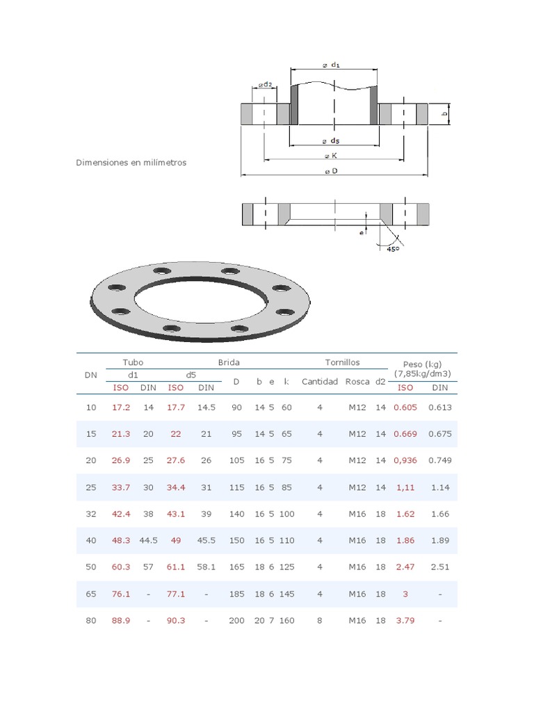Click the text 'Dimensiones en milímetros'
coord(131,163)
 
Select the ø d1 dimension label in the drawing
coord(331,65)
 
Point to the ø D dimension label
coord(331,171)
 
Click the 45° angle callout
coord(394,248)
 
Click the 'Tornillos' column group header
coord(342,363)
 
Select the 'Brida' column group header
coord(229,363)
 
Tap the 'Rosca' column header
coord(357,381)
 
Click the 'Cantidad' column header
coord(320,381)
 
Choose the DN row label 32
coord(91,514)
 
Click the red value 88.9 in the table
coord(121,620)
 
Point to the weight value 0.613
coord(440,407)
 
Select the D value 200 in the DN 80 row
coord(236,620)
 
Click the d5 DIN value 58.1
coord(206,567)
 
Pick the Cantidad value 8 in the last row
coord(320,620)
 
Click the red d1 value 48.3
coord(121,540)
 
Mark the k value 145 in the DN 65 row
coord(286,594)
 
